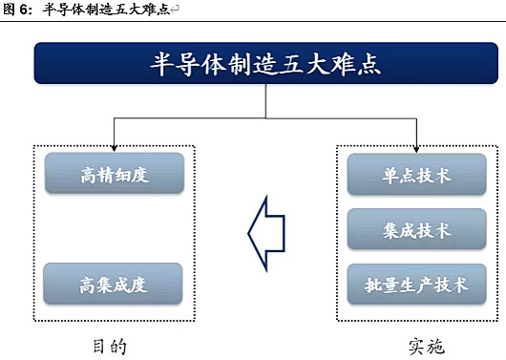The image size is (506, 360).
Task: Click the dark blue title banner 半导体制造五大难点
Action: tap(253, 63)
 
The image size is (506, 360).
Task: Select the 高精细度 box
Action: tap(116, 176)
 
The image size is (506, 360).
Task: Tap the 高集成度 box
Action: tap(116, 284)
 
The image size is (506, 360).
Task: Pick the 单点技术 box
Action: tap(417, 176)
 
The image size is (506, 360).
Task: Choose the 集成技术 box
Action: tap(417, 230)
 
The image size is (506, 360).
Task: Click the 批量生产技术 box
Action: tap(417, 284)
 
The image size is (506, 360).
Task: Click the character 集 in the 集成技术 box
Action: tap(391, 231)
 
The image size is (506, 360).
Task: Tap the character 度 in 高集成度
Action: tap(142, 285)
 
